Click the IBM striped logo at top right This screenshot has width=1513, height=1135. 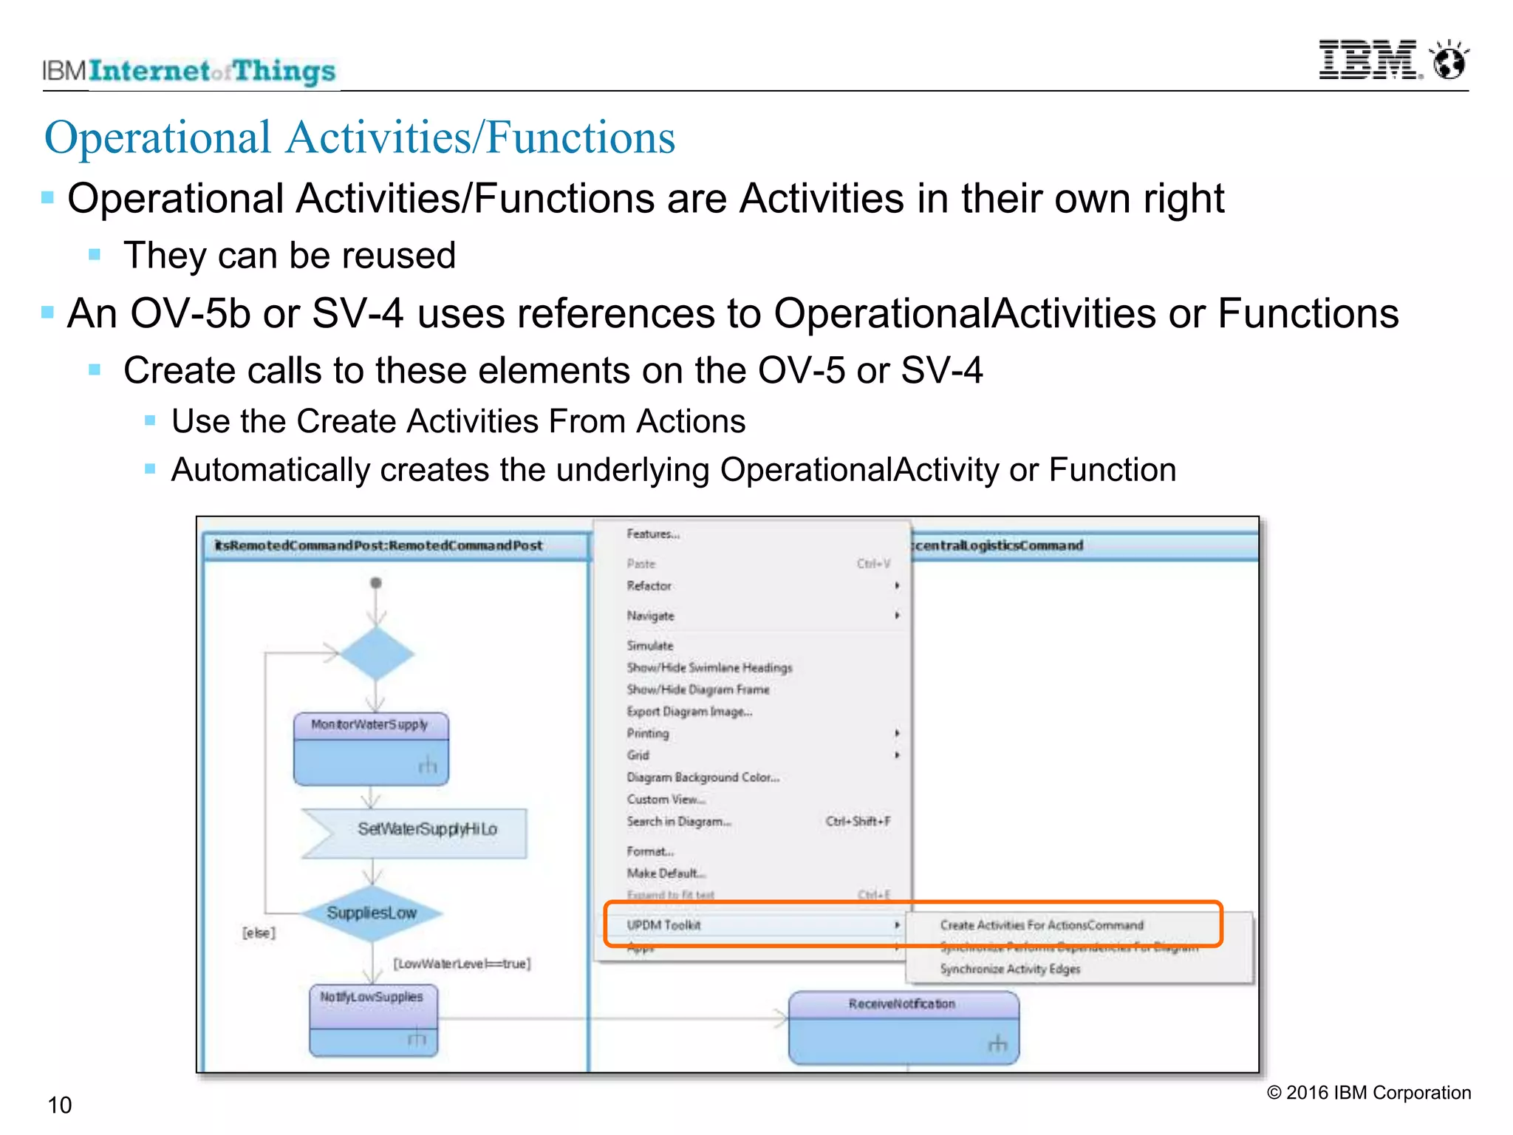click(1368, 60)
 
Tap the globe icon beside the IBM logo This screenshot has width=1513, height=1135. click(1449, 61)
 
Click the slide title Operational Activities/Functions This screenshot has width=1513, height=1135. click(360, 137)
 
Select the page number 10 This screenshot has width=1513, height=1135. click(59, 1105)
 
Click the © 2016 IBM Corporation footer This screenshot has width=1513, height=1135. click(1368, 1092)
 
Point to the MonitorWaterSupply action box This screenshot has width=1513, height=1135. click(371, 748)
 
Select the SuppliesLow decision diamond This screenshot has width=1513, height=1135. click(372, 913)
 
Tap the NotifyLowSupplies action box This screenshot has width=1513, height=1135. click(372, 1019)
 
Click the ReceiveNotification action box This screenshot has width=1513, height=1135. click(903, 1027)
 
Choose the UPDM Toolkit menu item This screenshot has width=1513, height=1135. click(663, 925)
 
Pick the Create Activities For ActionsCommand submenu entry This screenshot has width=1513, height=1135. click(1041, 925)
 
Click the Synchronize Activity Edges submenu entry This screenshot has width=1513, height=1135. click(1010, 969)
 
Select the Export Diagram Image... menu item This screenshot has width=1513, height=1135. click(689, 712)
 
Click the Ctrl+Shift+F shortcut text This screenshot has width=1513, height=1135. click(858, 821)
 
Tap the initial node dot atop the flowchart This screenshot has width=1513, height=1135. click(376, 583)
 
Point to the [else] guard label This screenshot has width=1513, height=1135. click(259, 933)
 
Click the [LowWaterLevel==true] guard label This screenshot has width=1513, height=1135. click(462, 964)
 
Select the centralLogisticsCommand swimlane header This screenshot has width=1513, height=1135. click(997, 545)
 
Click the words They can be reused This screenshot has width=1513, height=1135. click(290, 256)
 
